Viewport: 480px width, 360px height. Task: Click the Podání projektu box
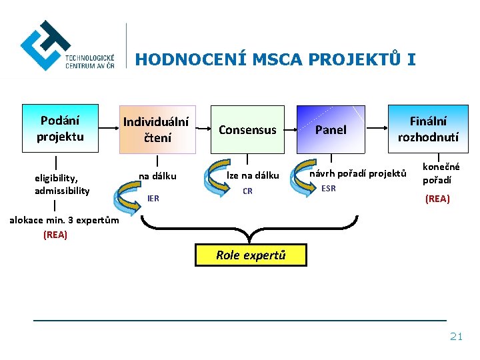pyautogui.click(x=60, y=129)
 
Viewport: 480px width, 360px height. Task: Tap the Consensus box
pyautogui.click(x=247, y=130)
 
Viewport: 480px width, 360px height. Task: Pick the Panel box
pyautogui.click(x=331, y=130)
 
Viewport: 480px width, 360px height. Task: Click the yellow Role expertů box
pyautogui.click(x=251, y=255)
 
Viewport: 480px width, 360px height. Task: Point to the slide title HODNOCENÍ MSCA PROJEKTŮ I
pyautogui.click(x=275, y=60)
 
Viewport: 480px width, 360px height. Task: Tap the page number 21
pyautogui.click(x=456, y=337)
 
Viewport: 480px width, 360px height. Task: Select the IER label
pyautogui.click(x=153, y=198)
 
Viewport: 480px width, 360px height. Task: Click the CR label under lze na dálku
pyautogui.click(x=247, y=191)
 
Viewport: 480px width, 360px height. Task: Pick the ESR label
pyautogui.click(x=329, y=189)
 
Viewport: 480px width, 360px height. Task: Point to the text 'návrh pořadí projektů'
pyautogui.click(x=358, y=174)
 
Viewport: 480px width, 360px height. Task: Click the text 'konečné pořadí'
pyautogui.click(x=441, y=174)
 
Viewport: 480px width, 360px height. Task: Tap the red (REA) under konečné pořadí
pyautogui.click(x=437, y=199)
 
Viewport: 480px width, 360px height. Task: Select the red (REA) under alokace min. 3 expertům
pyautogui.click(x=55, y=235)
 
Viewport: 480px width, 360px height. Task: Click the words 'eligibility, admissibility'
pyautogui.click(x=62, y=185)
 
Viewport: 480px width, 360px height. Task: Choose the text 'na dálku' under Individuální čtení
pyautogui.click(x=157, y=177)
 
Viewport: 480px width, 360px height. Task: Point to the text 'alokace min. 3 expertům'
pyautogui.click(x=64, y=221)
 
